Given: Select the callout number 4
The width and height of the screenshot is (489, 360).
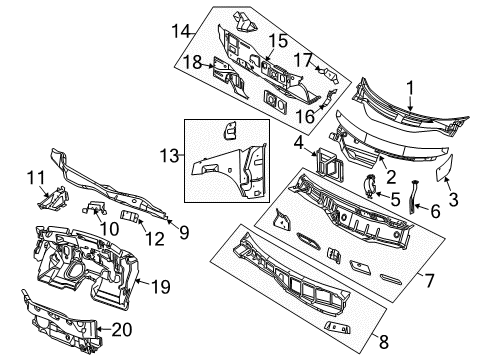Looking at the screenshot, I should point(298,144).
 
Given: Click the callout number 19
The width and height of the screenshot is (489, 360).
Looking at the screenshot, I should point(157,286).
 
